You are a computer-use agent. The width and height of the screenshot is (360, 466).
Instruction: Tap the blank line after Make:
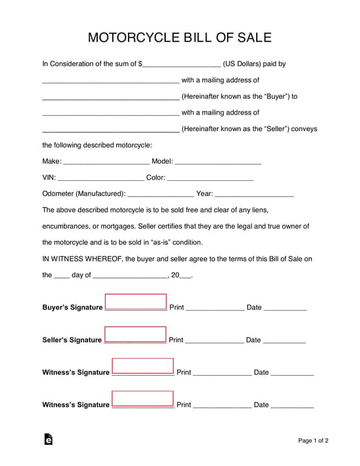pos(106,162)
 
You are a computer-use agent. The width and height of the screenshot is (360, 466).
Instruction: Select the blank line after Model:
pos(218,162)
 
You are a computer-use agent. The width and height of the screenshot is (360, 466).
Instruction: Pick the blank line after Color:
pos(210,178)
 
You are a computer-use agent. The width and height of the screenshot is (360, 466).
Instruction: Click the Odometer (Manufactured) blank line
pos(161,194)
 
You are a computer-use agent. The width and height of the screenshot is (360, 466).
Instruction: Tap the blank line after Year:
pos(254,194)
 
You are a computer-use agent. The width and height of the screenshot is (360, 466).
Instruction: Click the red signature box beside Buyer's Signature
pos(135,302)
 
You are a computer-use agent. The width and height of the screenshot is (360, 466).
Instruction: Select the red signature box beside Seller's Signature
pos(135,334)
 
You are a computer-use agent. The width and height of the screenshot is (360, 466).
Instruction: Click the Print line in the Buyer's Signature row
pos(215,308)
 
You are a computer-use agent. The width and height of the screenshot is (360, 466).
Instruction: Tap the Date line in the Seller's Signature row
pos(284,341)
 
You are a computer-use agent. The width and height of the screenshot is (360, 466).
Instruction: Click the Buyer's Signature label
pos(72,308)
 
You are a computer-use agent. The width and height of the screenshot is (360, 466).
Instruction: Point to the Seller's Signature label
pos(72,340)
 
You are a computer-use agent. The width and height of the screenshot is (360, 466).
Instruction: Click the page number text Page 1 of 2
pos(313,441)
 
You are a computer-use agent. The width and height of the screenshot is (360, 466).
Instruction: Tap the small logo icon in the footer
pos(48,439)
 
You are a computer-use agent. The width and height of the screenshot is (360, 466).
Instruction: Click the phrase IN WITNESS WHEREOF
pos(81,258)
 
